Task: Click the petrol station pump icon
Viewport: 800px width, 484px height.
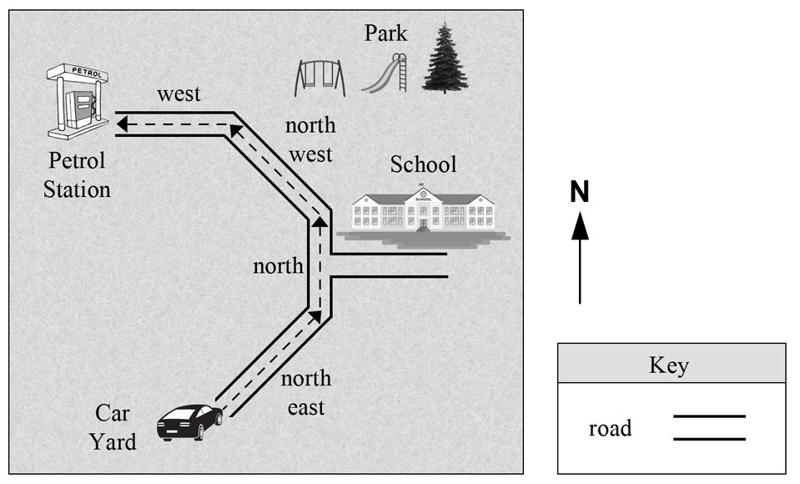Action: [x=78, y=101]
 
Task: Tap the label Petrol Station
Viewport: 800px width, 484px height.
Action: [x=77, y=175]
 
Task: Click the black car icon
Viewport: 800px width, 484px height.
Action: [x=190, y=422]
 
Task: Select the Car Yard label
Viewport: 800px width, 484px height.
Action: [x=113, y=428]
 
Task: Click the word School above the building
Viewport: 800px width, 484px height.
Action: [x=424, y=164]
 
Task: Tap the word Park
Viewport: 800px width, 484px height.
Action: [x=385, y=33]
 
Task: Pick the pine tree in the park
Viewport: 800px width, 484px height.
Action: [x=445, y=58]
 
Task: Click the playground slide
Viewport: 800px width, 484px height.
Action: [x=385, y=73]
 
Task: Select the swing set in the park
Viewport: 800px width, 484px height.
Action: [x=319, y=78]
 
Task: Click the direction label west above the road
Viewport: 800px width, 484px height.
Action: [x=179, y=94]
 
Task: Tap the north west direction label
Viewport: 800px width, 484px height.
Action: [x=310, y=140]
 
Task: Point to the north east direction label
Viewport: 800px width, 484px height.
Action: [x=306, y=393]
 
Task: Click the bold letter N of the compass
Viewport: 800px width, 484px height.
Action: [x=580, y=192]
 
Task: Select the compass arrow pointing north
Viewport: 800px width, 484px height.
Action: [x=580, y=258]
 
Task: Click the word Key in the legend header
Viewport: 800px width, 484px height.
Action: [x=669, y=366]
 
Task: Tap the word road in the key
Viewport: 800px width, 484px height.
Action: [x=610, y=428]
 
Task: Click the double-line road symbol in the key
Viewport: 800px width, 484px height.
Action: [x=709, y=428]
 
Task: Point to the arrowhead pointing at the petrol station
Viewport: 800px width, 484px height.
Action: [x=122, y=124]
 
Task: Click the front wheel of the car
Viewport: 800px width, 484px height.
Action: [x=219, y=419]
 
